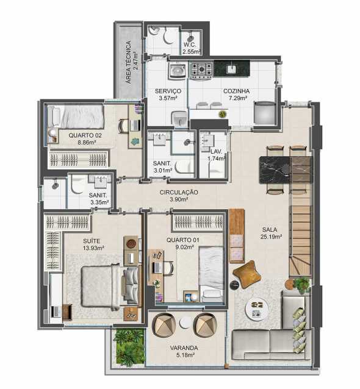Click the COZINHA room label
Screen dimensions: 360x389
tap(236, 91)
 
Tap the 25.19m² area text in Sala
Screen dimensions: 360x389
tap(271, 237)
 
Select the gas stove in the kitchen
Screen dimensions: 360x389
tap(201, 70)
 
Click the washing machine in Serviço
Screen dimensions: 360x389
tap(178, 71)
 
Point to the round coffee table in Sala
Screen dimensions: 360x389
tap(257, 309)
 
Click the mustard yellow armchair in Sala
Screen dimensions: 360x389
tap(247, 274)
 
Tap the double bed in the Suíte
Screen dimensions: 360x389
tap(110, 287)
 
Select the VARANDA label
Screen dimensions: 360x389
tap(184, 348)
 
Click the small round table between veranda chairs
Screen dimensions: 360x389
tap(185, 323)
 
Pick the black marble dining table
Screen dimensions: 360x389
tap(286, 170)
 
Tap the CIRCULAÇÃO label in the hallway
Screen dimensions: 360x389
tap(179, 192)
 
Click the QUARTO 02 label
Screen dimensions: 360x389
tap(85, 135)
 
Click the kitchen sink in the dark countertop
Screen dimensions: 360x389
tap(231, 70)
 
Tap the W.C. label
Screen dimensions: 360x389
tap(190, 45)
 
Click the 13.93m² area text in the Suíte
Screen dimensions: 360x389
tap(93, 248)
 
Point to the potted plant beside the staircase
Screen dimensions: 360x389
tap(301, 285)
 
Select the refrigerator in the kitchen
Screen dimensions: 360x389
tap(265, 112)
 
